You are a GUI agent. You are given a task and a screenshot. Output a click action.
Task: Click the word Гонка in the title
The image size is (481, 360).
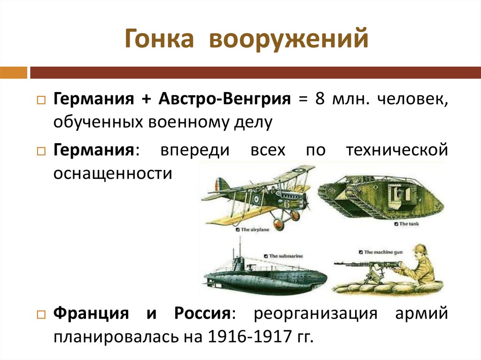coord(159,39)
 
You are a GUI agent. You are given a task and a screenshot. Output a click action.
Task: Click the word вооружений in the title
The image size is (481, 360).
coord(288,40)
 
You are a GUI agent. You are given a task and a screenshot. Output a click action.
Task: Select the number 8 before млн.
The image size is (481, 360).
coord(320,99)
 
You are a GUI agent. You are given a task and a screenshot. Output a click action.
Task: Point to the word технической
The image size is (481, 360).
coord(396,151)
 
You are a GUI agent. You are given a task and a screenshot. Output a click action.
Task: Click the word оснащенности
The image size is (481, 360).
coord(113,173)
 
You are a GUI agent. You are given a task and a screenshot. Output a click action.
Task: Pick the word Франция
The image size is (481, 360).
coord(91,313)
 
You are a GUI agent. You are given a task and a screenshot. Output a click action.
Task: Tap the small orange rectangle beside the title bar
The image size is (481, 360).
coord(13,73)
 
